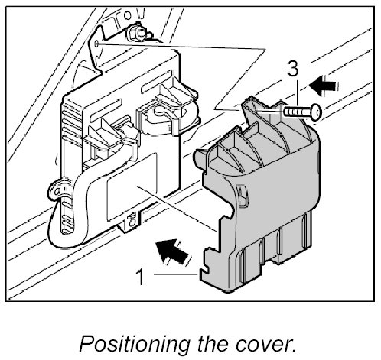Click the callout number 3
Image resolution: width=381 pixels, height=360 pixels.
pyautogui.click(x=293, y=69)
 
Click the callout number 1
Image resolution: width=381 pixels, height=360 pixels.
pyautogui.click(x=141, y=277)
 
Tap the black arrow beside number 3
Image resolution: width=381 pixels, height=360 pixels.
pyautogui.click(x=324, y=86)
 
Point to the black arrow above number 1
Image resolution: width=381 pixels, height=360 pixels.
pyautogui.click(x=172, y=251)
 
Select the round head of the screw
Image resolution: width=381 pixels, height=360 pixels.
pyautogui.click(x=317, y=112)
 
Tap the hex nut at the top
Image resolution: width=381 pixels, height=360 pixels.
pyautogui.click(x=136, y=34)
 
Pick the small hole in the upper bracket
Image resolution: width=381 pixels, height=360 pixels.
pyautogui.click(x=96, y=44)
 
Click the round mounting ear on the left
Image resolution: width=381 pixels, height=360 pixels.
pyautogui.click(x=58, y=191)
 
